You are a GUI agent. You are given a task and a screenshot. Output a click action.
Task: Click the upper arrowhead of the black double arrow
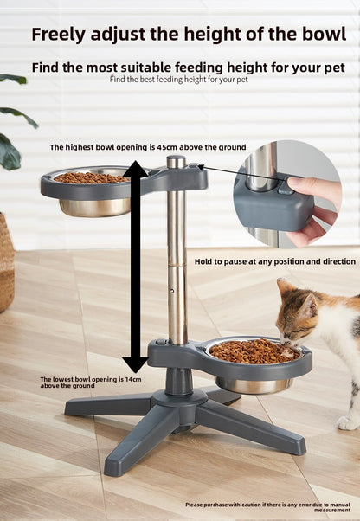coord(134,169)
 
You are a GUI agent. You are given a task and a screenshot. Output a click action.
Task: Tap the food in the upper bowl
coord(91,177)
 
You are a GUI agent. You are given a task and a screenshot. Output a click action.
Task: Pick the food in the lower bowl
coord(252,351)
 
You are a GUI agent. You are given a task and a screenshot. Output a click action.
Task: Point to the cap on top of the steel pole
coord(177,161)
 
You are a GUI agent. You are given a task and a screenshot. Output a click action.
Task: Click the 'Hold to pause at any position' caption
coord(274,260)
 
